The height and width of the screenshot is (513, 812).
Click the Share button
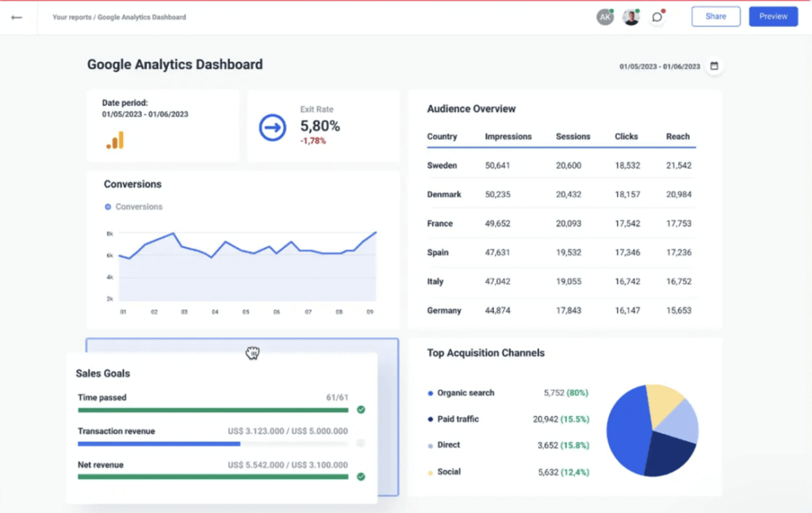(715, 17)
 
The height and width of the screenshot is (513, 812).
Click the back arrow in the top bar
(17, 17)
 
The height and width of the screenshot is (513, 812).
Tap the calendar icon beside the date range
(714, 66)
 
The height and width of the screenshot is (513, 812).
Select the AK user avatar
(605, 17)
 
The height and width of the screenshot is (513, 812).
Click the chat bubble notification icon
(657, 17)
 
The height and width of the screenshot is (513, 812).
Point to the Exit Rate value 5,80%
(320, 125)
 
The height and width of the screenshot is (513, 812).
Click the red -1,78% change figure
(312, 141)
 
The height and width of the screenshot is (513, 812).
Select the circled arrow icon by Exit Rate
(272, 127)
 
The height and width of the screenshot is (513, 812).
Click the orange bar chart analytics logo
(115, 141)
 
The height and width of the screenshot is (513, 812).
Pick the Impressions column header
(508, 137)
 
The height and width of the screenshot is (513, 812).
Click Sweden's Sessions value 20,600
(569, 165)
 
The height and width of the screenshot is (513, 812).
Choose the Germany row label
(443, 310)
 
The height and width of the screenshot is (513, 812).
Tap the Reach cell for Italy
(678, 281)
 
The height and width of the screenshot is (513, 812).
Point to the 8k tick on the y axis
(109, 233)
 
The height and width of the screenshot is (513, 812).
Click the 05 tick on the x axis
(246, 312)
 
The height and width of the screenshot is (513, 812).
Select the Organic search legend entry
(465, 393)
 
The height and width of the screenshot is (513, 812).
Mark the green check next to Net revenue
(361, 476)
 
